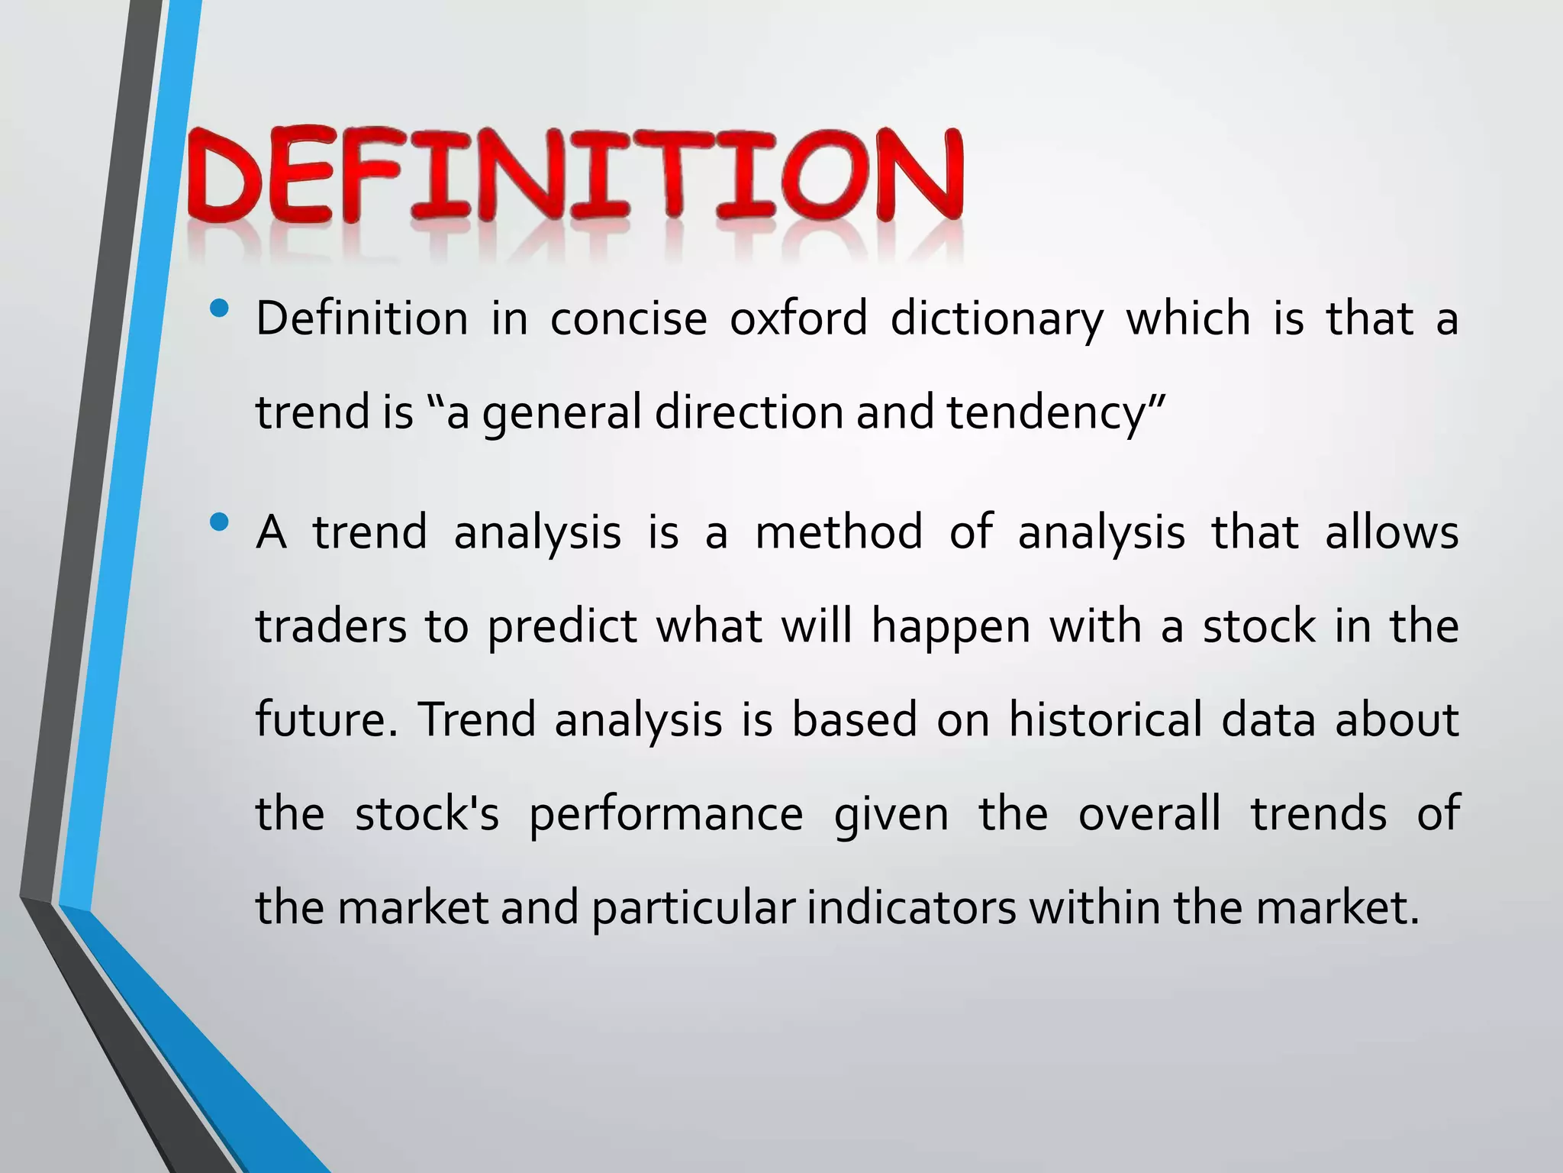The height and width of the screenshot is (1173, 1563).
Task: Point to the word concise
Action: point(628,319)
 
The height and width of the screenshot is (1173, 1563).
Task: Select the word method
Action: point(839,532)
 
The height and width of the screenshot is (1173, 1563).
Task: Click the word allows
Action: point(1391,532)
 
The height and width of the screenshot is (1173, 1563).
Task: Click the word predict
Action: point(562,628)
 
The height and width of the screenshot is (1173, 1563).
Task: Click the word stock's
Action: point(427,813)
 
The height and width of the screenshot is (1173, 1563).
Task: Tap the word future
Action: point(321,720)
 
